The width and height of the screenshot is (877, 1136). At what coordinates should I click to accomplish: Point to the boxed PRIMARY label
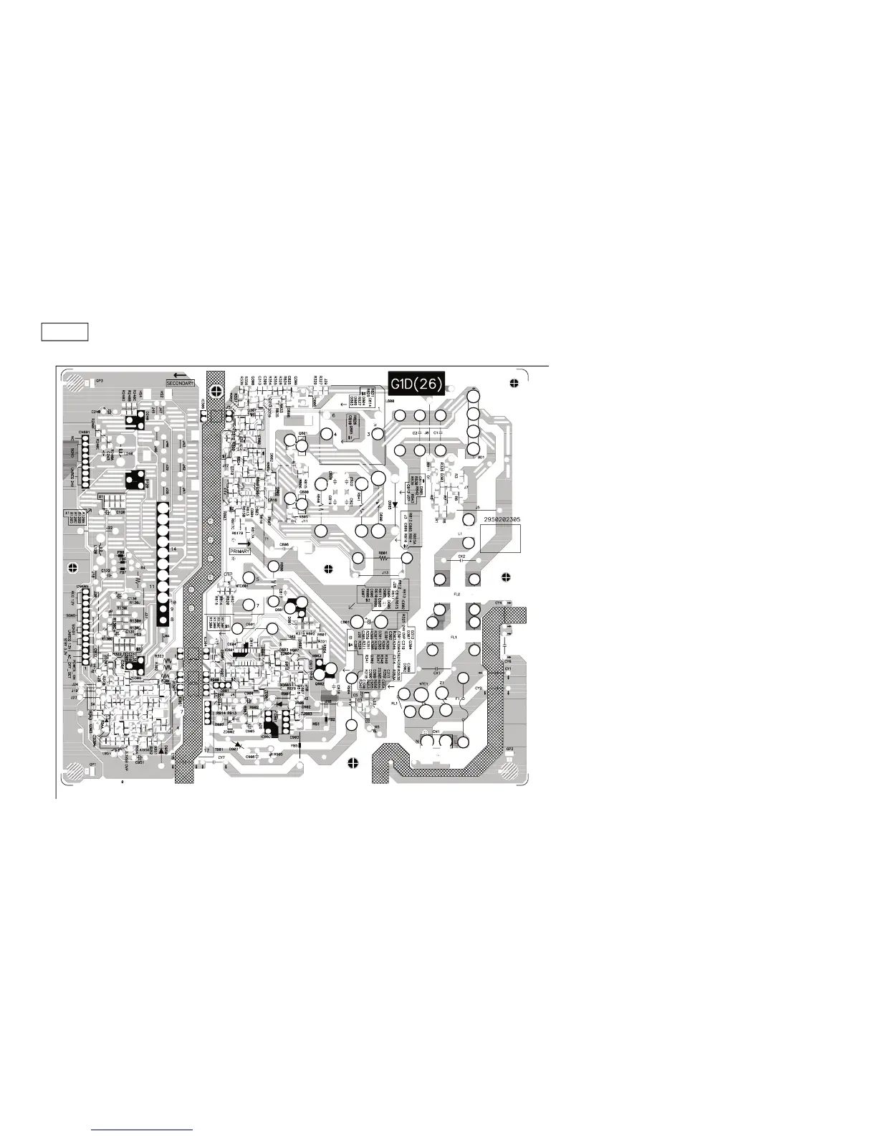click(x=240, y=551)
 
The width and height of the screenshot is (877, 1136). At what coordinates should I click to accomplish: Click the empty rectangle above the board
click(x=64, y=332)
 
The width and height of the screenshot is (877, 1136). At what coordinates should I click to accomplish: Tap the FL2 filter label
click(x=456, y=595)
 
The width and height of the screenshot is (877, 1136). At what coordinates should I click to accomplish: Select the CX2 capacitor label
click(x=461, y=556)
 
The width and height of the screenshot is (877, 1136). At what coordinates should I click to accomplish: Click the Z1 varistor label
click(x=442, y=683)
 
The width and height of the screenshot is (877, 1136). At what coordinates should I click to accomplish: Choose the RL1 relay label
click(x=394, y=704)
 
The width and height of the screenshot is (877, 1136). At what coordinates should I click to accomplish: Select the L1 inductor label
click(x=459, y=534)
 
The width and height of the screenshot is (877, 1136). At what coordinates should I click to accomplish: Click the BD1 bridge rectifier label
click(x=481, y=457)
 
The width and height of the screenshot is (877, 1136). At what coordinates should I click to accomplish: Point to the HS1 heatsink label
click(x=316, y=724)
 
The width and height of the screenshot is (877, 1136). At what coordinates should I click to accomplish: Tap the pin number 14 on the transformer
click(x=173, y=549)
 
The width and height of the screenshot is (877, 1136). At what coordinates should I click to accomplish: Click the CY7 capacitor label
click(x=221, y=757)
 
